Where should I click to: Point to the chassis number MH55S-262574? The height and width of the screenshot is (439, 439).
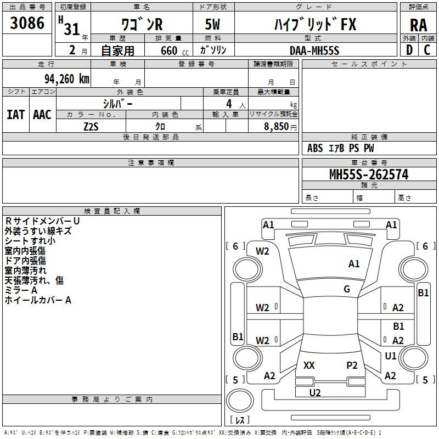368,175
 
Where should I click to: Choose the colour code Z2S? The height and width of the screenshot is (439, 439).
91,126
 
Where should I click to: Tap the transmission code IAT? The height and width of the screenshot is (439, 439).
15,115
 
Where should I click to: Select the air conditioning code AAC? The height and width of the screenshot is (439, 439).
42,115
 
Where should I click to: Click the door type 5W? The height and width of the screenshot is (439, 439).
214,25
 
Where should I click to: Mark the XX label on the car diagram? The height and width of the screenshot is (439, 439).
309,365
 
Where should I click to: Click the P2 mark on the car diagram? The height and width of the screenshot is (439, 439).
352,365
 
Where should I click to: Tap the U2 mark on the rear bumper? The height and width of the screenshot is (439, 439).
315,392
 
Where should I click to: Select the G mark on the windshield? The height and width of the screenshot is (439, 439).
347,289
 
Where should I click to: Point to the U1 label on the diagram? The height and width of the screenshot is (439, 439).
390,356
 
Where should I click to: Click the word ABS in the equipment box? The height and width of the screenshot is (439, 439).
315,148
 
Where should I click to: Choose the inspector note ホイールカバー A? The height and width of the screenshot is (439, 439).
38,300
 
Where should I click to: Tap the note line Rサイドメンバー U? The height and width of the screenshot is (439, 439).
42,221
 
